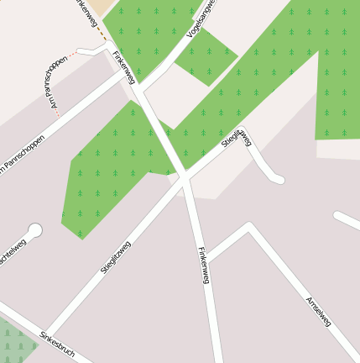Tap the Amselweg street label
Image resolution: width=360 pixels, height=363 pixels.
(319, 310)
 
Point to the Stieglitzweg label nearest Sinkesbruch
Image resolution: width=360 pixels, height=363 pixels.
(116, 257)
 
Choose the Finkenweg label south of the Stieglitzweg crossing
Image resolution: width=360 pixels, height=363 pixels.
(202, 265)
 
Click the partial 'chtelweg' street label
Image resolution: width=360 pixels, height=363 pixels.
(12, 252)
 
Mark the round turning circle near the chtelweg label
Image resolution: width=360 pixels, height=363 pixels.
(34, 229)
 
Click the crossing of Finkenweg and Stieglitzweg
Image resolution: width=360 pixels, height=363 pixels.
(184, 179)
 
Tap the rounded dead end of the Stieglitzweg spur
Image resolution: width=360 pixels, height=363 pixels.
(279, 179)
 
